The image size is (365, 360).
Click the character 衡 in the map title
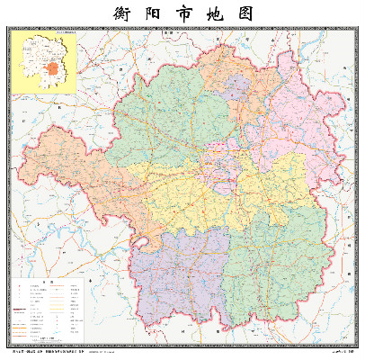click(122, 14)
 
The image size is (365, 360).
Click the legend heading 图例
click(51, 282)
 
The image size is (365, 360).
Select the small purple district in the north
click(236, 87)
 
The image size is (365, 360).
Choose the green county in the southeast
click(270, 270)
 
